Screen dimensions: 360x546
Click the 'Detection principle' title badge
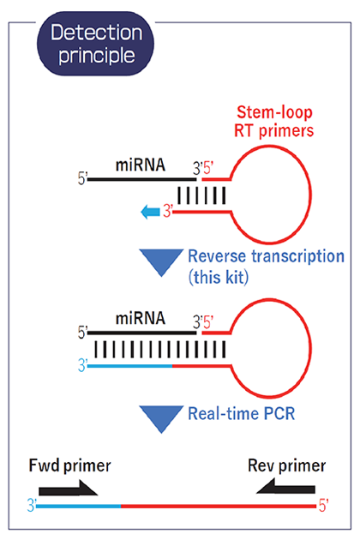(95, 44)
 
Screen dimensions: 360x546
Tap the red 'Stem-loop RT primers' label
(274, 122)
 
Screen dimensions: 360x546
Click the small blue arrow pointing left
(150, 212)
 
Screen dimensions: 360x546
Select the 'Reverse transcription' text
(267, 256)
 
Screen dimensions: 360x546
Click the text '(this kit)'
(219, 278)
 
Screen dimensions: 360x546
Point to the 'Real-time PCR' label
(241, 414)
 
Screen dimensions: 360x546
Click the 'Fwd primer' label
(69, 466)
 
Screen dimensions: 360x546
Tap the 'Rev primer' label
(286, 466)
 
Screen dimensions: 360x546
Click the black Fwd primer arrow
(69, 489)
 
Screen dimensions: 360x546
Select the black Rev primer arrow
(285, 486)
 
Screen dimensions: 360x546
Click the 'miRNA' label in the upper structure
(141, 165)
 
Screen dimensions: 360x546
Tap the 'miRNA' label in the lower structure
(141, 318)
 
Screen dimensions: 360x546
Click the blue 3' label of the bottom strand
(32, 505)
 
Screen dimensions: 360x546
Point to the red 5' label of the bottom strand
(323, 505)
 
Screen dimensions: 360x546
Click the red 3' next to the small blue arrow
(168, 212)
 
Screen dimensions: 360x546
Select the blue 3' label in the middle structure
(82, 366)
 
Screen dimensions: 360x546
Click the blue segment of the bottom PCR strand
(79, 506)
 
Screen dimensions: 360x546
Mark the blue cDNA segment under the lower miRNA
(130, 366)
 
